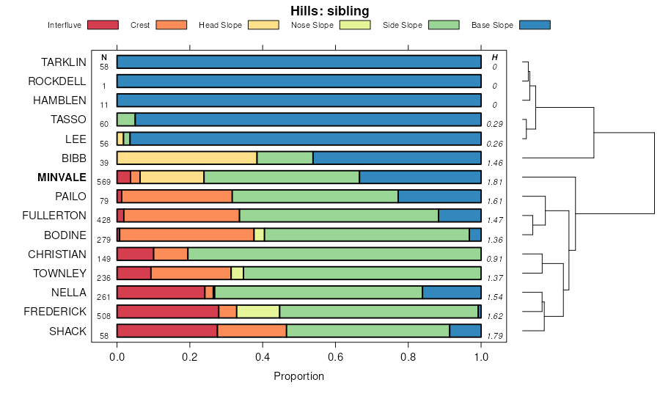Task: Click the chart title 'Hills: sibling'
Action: click(329, 11)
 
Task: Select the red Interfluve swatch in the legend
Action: click(103, 25)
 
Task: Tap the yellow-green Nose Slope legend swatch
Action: click(356, 25)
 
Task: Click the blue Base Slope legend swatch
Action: click(535, 25)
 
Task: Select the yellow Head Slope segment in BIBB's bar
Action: click(187, 158)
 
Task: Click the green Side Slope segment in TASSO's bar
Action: click(126, 119)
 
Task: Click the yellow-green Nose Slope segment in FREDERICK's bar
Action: click(258, 312)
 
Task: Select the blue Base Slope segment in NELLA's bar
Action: click(452, 293)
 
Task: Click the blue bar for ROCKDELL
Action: click(298, 81)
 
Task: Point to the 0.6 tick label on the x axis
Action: click(335, 357)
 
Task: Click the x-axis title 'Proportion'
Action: click(298, 376)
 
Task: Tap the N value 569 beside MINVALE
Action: click(104, 181)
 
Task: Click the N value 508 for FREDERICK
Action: click(104, 316)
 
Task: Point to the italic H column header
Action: click(494, 57)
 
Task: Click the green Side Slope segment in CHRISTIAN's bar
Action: click(334, 254)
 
